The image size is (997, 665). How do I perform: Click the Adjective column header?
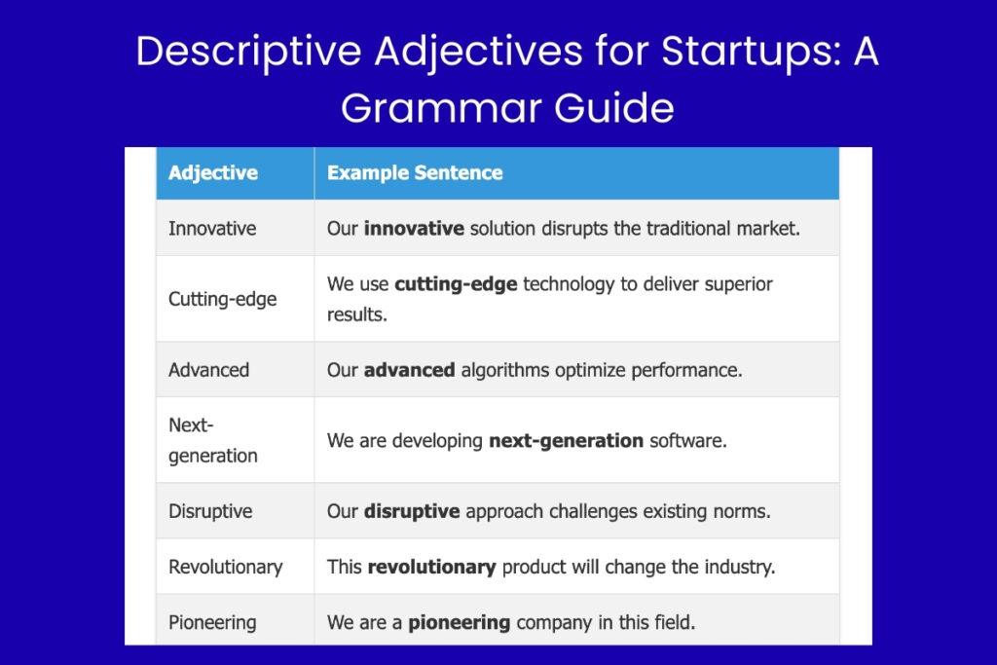point(213,173)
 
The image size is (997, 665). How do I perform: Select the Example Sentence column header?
point(415,173)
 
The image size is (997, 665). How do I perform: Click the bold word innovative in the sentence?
point(414,228)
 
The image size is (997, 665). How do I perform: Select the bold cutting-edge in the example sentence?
point(456,284)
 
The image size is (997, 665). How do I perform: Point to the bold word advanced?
point(410,370)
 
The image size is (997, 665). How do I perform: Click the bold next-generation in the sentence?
point(566,441)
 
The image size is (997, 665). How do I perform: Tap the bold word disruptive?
point(412,511)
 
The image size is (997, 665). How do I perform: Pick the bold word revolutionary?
point(431,567)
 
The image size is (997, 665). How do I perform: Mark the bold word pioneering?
point(460,622)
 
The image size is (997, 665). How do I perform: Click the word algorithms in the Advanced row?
point(505,370)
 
